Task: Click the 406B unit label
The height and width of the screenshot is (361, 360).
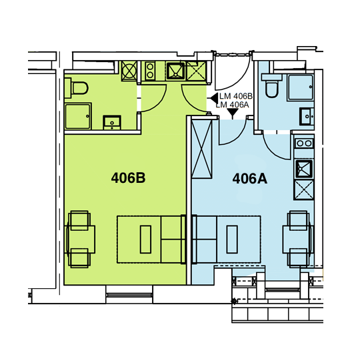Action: pos(128,178)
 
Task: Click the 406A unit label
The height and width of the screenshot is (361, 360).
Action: pos(250,179)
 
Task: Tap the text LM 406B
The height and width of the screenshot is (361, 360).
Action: pos(236,96)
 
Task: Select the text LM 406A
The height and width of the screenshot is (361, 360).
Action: pos(233,105)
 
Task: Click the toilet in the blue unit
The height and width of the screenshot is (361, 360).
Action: pos(271,86)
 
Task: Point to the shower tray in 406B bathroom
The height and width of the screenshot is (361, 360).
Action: pos(78,116)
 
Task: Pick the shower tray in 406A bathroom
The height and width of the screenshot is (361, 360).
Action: pos(301,87)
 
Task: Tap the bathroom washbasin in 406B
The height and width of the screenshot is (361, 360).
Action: pos(112,123)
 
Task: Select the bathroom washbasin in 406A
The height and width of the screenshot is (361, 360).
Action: pos(307,117)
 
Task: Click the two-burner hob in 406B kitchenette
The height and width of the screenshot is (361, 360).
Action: pos(150,71)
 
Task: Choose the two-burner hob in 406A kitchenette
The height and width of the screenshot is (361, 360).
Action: pos(304,143)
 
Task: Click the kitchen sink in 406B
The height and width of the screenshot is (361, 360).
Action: pos(175,71)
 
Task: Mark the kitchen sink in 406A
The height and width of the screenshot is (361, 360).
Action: pos(304,169)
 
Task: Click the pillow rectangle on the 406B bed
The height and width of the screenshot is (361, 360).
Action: pos(145,239)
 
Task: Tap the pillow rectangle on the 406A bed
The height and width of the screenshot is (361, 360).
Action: pos(232,239)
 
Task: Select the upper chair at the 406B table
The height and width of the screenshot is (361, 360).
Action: pos(79,220)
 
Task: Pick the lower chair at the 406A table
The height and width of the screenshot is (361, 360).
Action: pos(299,258)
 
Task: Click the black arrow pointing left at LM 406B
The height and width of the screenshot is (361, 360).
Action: pos(215,98)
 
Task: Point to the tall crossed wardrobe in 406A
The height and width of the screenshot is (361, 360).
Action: pos(201,149)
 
